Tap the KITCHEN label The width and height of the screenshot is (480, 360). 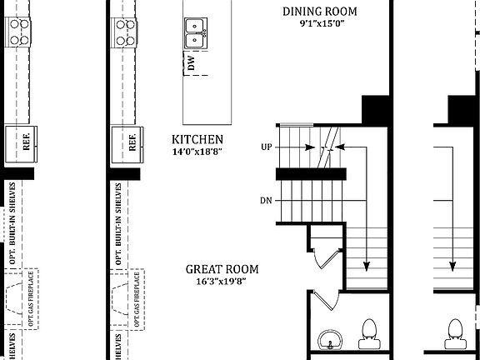(x=197, y=139)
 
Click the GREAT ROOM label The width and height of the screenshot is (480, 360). (x=222, y=269)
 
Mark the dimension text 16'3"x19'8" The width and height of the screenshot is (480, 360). (x=222, y=282)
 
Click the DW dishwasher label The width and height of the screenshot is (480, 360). (x=192, y=63)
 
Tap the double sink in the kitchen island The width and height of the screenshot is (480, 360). (x=196, y=33)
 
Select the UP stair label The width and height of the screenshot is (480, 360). (x=267, y=147)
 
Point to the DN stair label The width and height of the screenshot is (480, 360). (x=266, y=202)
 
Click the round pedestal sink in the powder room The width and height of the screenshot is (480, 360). (x=331, y=340)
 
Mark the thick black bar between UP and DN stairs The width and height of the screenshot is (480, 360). (x=310, y=173)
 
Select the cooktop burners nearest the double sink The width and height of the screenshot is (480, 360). (x=127, y=32)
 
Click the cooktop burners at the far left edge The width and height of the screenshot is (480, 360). (x=18, y=32)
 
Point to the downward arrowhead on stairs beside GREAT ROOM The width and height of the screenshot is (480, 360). (x=366, y=266)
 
